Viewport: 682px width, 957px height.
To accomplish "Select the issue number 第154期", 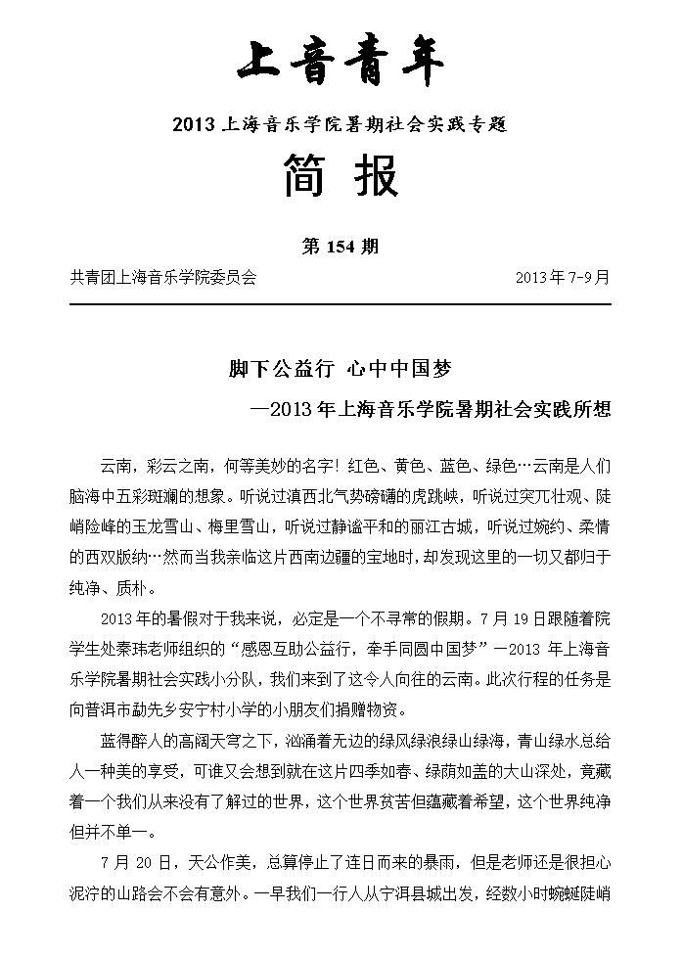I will [x=341, y=247].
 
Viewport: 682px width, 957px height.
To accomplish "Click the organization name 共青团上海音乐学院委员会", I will [x=163, y=277].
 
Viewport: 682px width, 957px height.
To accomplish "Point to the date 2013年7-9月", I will [x=562, y=277].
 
